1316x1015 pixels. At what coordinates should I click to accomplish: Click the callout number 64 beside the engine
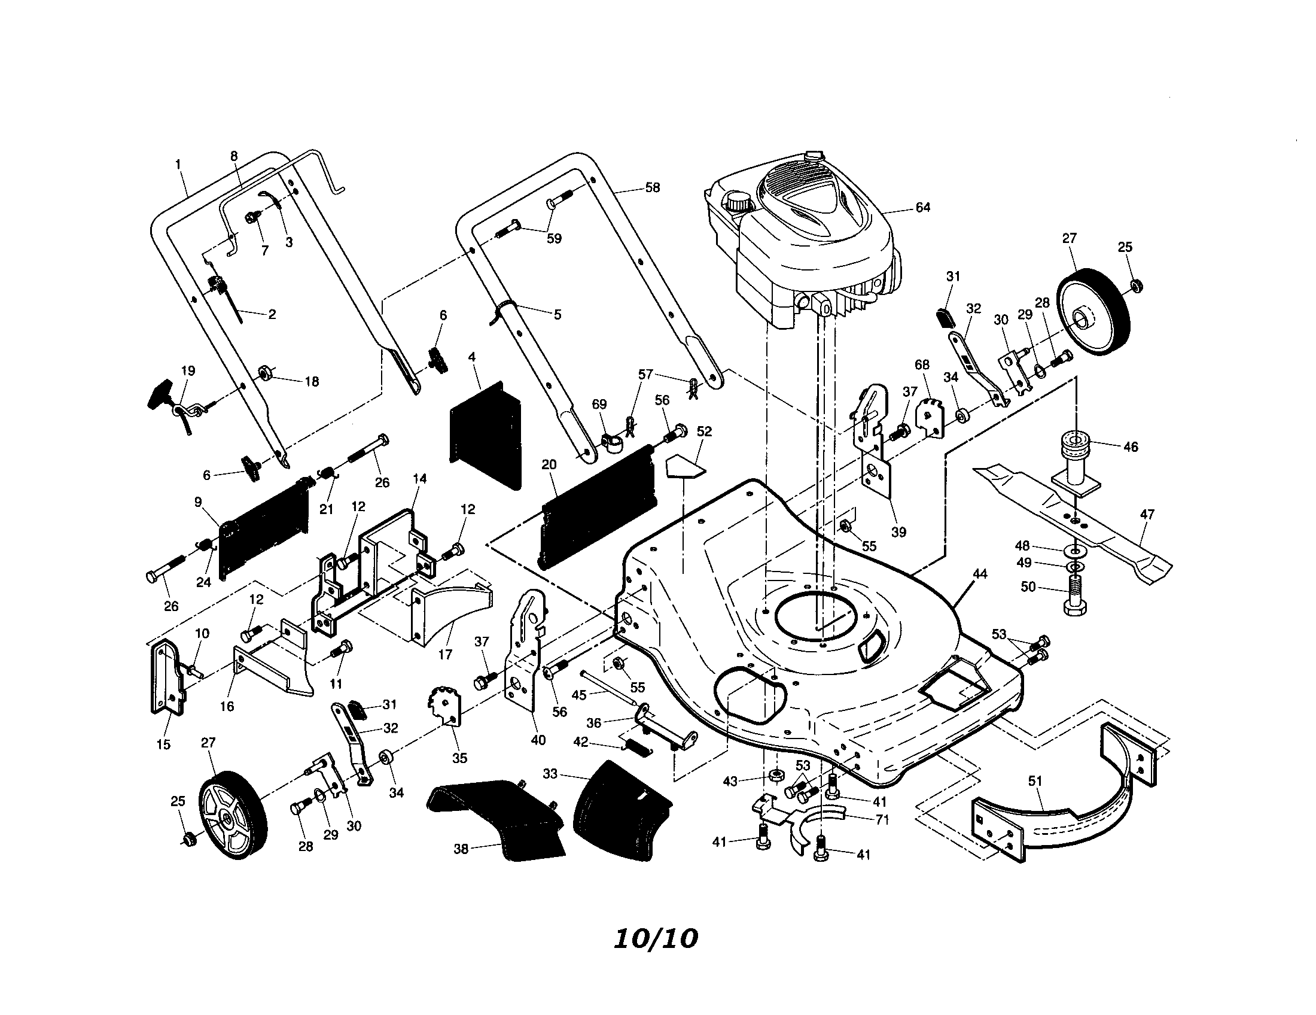(922, 207)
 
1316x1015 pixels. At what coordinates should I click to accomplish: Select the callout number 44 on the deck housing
(980, 574)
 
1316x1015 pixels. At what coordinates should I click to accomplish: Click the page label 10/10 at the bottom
(656, 938)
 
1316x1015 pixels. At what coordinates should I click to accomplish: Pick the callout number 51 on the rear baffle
(1035, 781)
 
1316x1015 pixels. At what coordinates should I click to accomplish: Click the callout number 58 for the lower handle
(652, 187)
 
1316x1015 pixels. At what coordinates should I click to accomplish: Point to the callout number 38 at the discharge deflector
(461, 849)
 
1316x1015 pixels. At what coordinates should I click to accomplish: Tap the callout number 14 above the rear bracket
(420, 478)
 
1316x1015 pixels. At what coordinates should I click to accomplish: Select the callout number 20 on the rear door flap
(549, 464)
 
